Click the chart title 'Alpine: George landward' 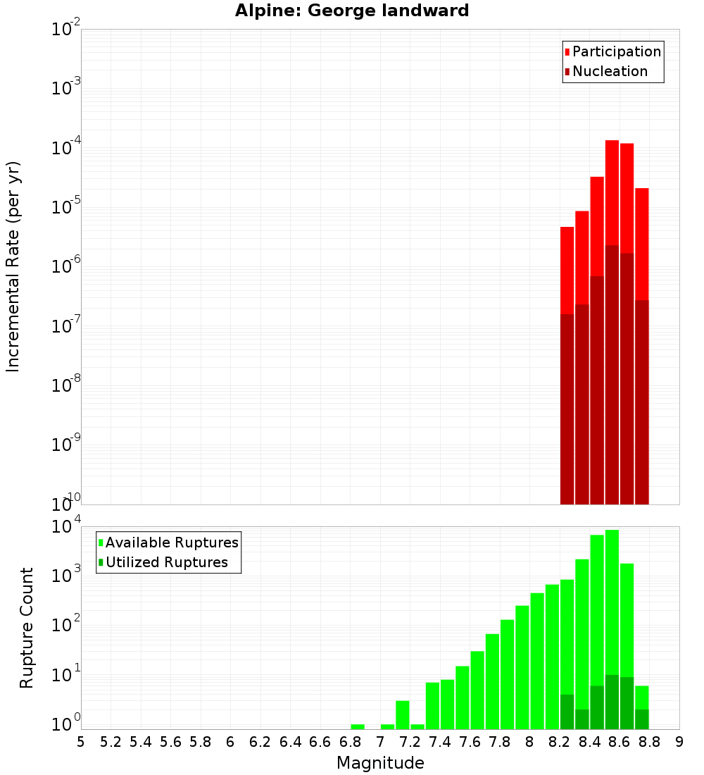(x=352, y=11)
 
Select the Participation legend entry (x=616, y=51)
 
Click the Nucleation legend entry (x=610, y=71)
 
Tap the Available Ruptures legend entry (x=172, y=542)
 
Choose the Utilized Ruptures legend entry (x=166, y=562)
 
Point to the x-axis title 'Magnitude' (x=380, y=763)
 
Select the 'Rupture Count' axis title (x=27, y=627)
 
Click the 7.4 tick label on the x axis (x=440, y=742)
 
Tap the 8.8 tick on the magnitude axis (x=649, y=742)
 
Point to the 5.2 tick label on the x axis (x=111, y=742)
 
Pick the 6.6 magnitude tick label (x=320, y=742)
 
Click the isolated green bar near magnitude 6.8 (x=358, y=726)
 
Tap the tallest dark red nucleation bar (x=612, y=373)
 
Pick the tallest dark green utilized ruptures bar (x=612, y=702)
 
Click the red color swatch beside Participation (x=567, y=52)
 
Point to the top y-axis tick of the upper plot (x=66, y=30)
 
